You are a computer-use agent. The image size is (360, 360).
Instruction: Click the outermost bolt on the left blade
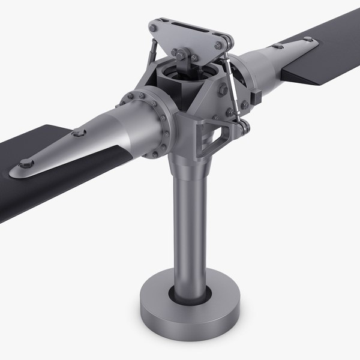[26, 163]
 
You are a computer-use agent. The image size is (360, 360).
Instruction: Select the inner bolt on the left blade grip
[79, 133]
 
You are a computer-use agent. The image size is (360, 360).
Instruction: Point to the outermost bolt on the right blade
[308, 40]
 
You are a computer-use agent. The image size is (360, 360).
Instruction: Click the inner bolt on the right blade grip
[277, 46]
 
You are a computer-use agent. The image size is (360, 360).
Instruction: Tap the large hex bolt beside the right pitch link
[223, 89]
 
